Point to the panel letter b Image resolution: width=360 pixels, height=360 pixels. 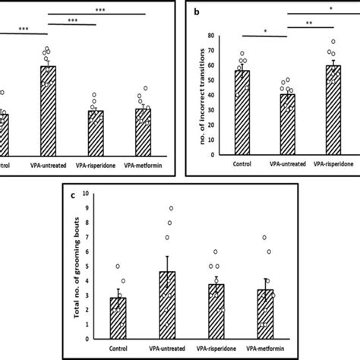197,12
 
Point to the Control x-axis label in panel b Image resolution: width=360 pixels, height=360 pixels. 242,163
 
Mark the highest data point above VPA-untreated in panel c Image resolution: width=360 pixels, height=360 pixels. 171,208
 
